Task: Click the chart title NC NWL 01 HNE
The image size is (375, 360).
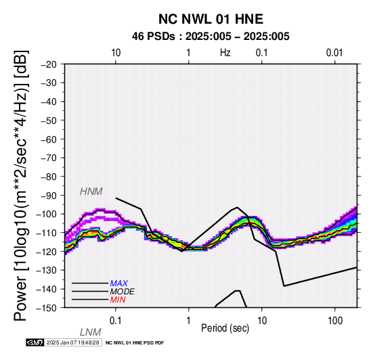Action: click(x=211, y=19)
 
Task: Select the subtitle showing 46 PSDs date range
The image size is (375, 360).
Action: click(x=211, y=37)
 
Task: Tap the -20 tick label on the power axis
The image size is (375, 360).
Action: click(x=49, y=64)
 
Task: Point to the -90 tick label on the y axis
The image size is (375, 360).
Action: click(x=49, y=196)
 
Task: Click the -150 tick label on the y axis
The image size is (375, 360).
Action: click(x=47, y=308)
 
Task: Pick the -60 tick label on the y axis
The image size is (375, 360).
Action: click(x=49, y=139)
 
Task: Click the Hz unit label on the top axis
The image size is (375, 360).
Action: click(x=225, y=53)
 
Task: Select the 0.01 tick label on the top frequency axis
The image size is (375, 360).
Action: click(x=334, y=53)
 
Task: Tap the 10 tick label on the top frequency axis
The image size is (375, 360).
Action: click(x=116, y=53)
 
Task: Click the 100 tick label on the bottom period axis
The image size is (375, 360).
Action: click(x=335, y=321)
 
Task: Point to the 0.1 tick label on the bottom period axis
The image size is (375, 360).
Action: click(x=115, y=321)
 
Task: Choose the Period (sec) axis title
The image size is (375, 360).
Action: click(x=225, y=328)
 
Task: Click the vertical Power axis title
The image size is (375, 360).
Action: click(x=21, y=185)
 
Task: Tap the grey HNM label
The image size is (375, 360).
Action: click(x=91, y=192)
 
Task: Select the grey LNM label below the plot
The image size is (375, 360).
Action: click(x=91, y=332)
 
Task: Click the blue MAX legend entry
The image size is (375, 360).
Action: click(x=118, y=284)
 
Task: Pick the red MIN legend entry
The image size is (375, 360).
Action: click(x=118, y=300)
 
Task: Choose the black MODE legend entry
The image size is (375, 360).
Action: click(x=123, y=292)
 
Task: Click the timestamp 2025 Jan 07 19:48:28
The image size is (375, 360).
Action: click(x=72, y=342)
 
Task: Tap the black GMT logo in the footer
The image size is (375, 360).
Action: click(x=35, y=342)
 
